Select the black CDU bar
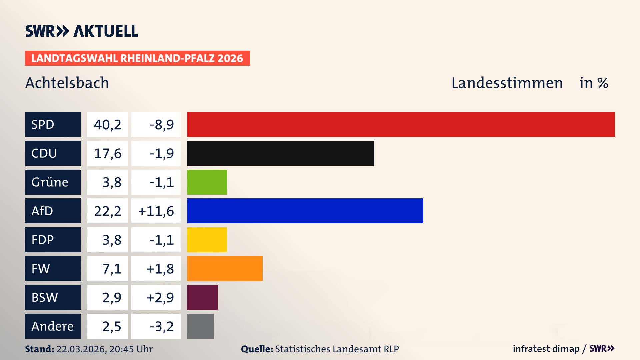tap(280, 153)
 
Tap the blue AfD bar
tap(305, 211)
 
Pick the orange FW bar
tap(225, 268)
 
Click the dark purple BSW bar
tap(202, 297)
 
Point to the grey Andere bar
tap(200, 326)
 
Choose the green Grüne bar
tap(207, 182)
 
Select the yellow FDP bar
tap(207, 240)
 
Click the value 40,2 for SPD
tap(107, 125)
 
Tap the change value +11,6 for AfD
tap(156, 211)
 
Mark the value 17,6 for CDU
tap(107, 153)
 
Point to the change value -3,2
tap(161, 326)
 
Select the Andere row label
tap(53, 326)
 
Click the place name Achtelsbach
tap(67, 83)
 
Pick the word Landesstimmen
tap(507, 83)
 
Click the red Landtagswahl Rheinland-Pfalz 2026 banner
tap(137, 58)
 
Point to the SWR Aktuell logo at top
tap(82, 31)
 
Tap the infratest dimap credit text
tap(546, 349)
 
